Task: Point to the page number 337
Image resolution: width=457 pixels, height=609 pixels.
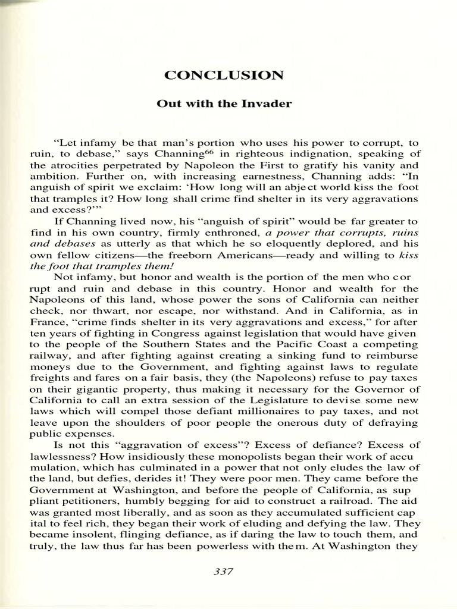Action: point(222,572)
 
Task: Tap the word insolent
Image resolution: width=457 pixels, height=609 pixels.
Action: point(99,534)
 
